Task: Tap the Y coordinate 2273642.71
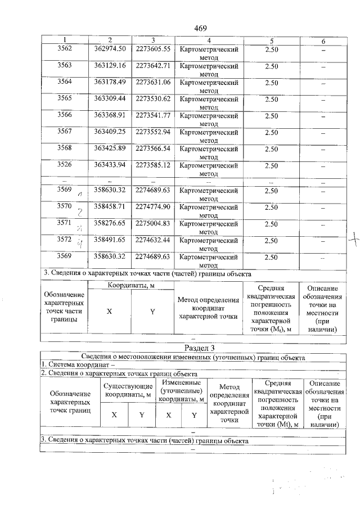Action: (152, 66)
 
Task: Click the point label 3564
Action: (65, 82)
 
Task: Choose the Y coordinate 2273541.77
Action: (152, 116)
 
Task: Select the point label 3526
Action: (65, 165)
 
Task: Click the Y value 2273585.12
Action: (152, 165)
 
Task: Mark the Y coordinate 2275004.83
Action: (152, 223)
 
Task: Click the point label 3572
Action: (65, 240)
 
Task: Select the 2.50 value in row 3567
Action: (271, 132)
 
